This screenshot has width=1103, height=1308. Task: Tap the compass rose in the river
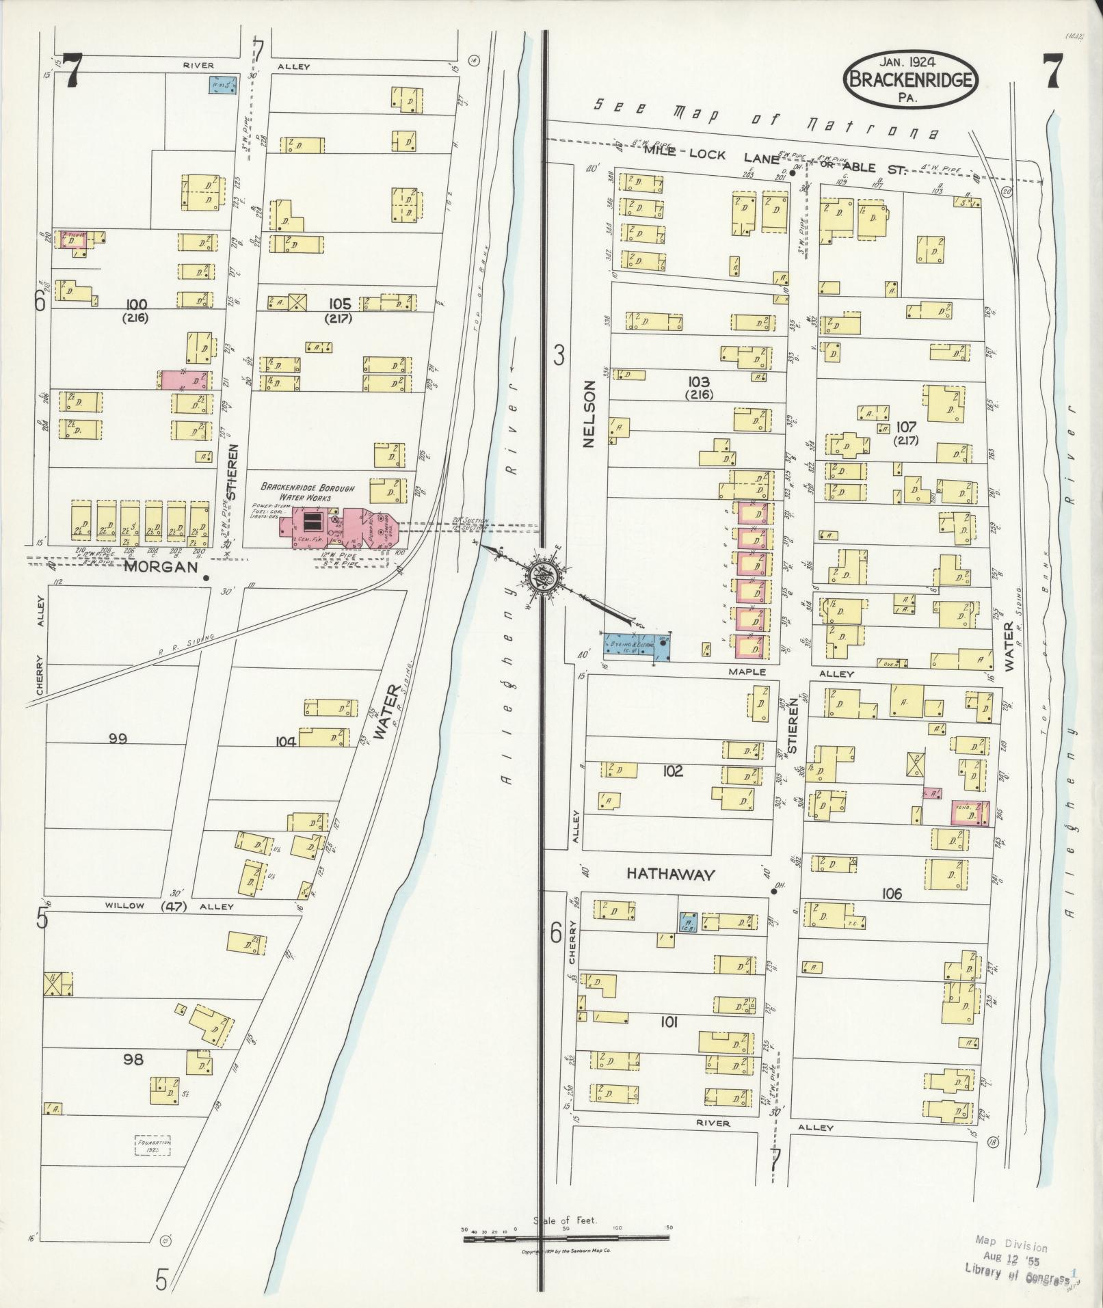pos(545,576)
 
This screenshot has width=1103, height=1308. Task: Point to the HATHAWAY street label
pos(670,874)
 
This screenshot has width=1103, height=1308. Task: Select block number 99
pos(118,738)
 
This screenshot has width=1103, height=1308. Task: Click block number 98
pos(133,1059)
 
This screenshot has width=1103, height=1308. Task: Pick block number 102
pos(673,771)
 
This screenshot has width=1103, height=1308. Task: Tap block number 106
pos(892,893)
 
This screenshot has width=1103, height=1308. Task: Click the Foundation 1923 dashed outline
pos(152,1145)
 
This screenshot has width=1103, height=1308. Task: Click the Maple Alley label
pos(786,673)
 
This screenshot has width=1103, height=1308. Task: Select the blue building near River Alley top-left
pos(222,85)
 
